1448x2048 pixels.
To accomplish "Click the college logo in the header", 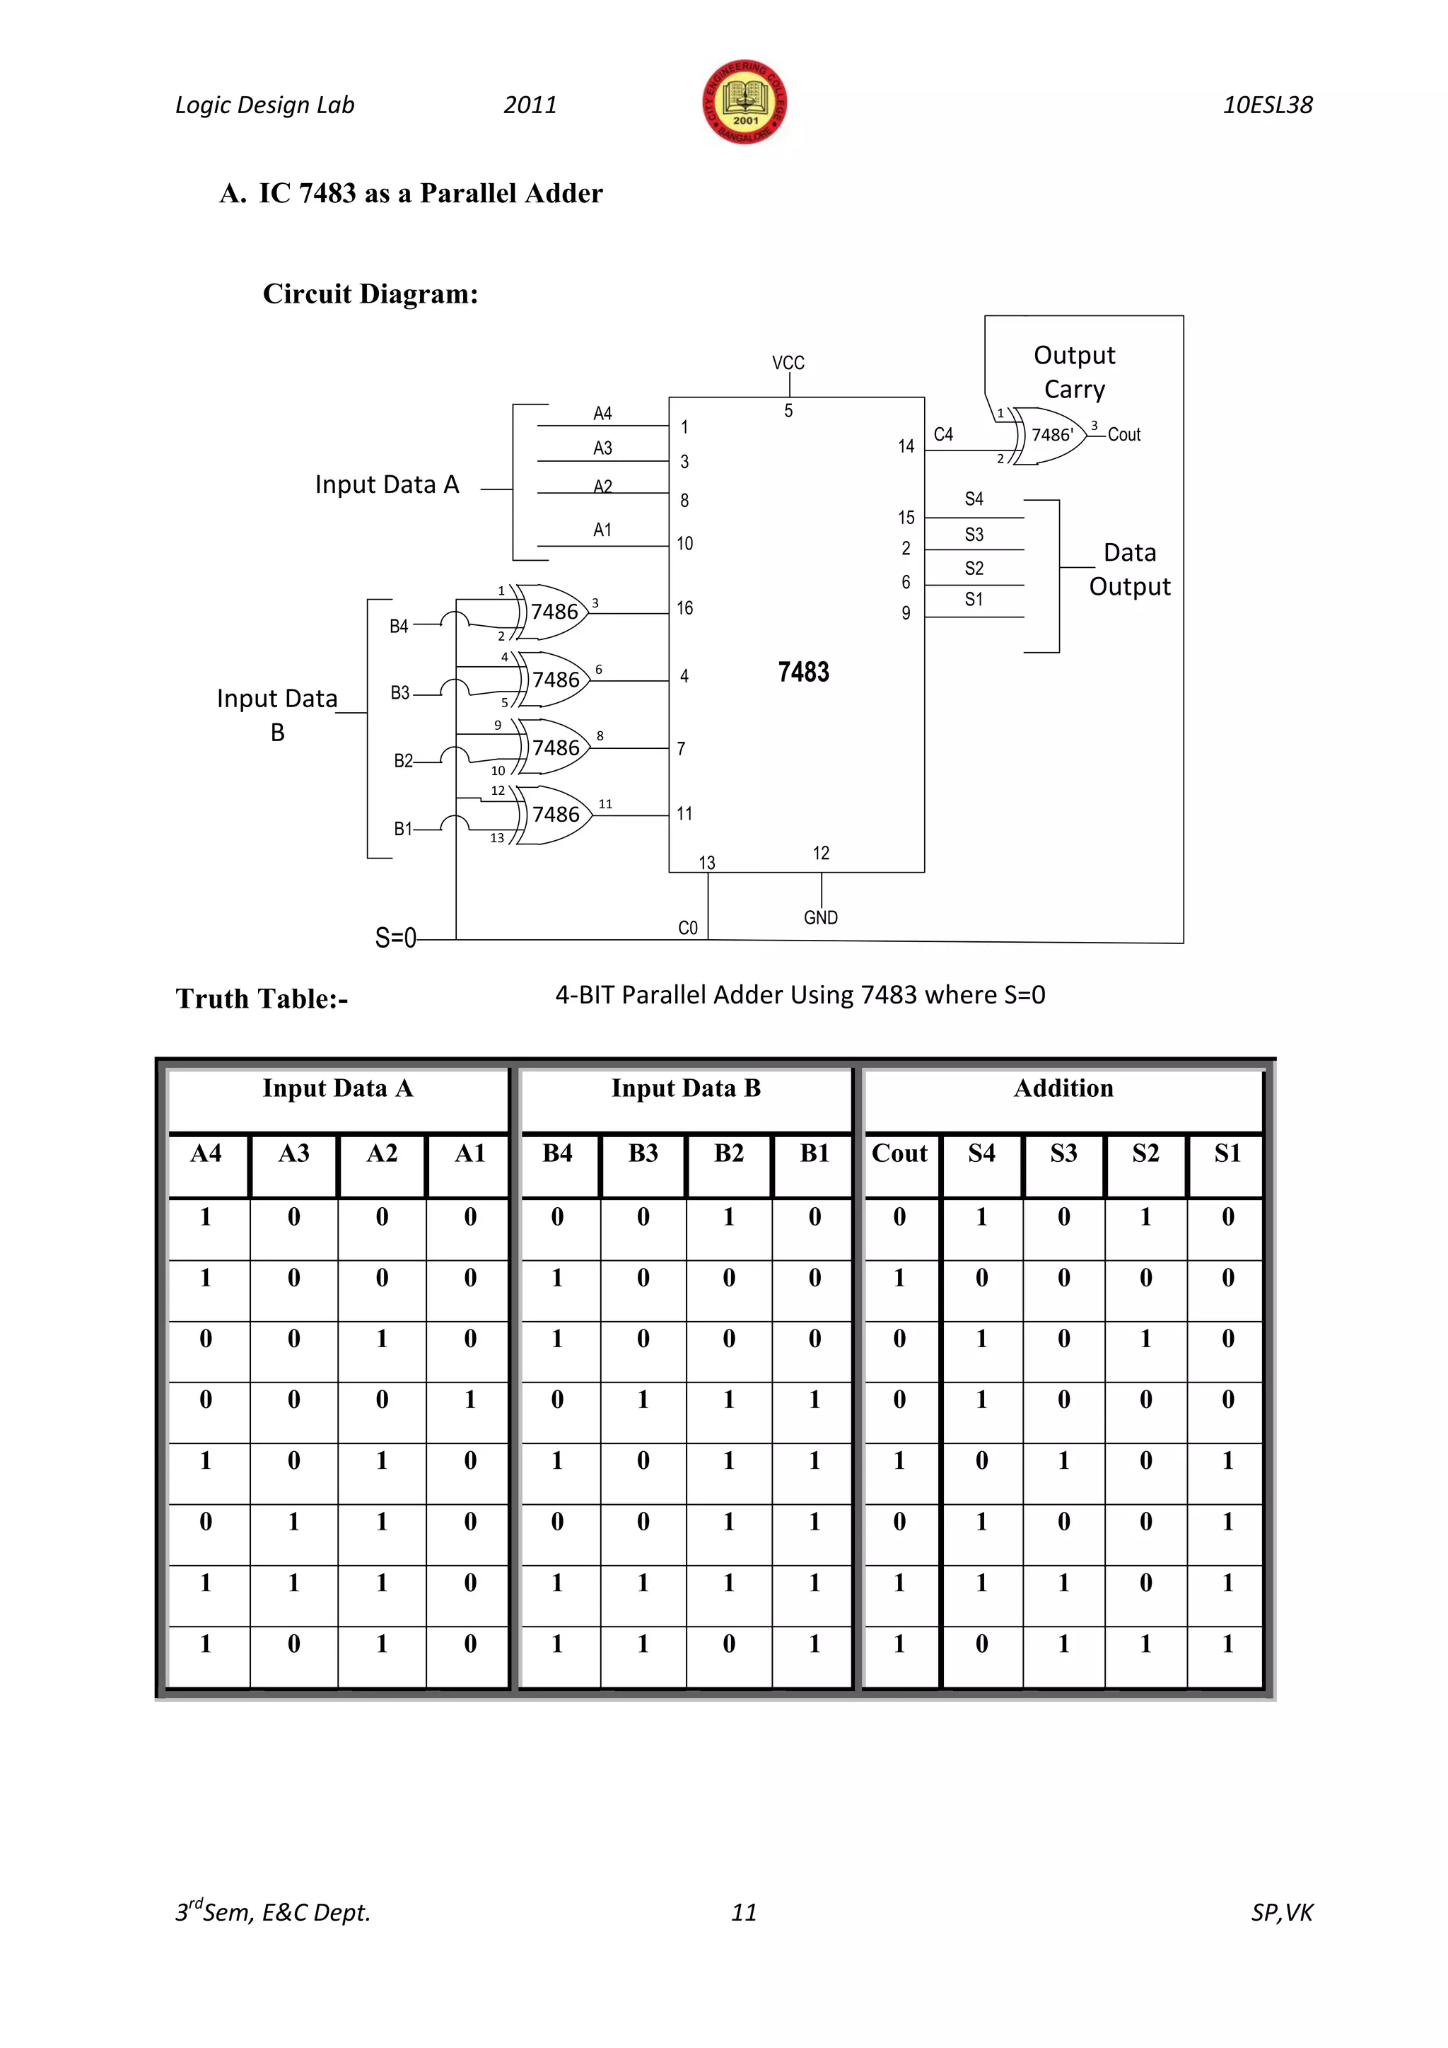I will click(745, 103).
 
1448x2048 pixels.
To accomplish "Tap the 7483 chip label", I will click(802, 672).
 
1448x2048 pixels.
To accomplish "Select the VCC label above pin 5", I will click(788, 363).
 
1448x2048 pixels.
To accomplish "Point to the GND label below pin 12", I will click(820, 917).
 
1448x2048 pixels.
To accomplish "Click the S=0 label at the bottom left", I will click(395, 938).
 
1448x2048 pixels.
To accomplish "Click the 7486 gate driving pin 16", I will click(554, 612).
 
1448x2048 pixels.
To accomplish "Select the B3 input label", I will click(400, 693).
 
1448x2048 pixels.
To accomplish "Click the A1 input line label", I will click(602, 530).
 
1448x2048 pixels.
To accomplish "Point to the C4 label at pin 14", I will click(943, 434).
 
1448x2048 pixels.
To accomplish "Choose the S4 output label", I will click(974, 499).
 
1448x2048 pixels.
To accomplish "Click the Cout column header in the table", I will click(899, 1153).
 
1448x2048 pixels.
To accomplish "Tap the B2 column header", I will click(728, 1153).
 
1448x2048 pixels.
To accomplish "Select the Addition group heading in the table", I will click(1063, 1088).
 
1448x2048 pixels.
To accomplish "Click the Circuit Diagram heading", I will click(370, 293).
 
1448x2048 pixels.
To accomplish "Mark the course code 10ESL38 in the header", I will click(1267, 105).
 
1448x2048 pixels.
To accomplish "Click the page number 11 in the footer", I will click(744, 1912).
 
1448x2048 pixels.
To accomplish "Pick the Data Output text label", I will click(1129, 569).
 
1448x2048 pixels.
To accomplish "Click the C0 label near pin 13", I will click(687, 928).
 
